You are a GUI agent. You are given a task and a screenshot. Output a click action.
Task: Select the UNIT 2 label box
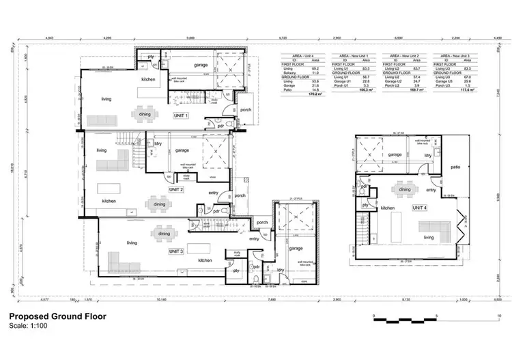(176, 189)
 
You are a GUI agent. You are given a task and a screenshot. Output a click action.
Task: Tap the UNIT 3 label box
(177, 252)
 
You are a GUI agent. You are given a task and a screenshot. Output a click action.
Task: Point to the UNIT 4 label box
(418, 207)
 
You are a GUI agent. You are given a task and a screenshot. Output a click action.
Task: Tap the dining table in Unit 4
(405, 189)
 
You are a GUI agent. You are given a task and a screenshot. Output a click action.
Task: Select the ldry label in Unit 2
(158, 144)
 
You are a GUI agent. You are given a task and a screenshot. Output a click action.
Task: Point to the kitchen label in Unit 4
(388, 208)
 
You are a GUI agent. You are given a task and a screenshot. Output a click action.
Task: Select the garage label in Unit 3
(296, 249)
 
